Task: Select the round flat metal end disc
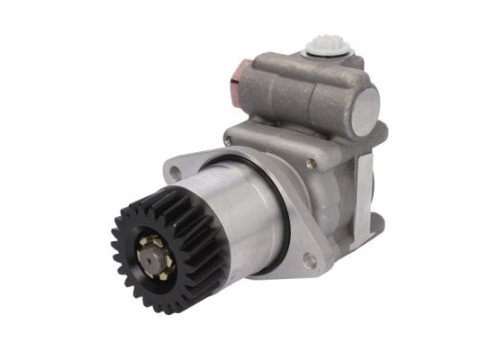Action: coord(364,112)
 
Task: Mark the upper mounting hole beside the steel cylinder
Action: coord(170,168)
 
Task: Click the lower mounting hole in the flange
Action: coord(310,261)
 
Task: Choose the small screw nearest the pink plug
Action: coord(228,140)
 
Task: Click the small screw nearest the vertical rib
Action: coord(311,163)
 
